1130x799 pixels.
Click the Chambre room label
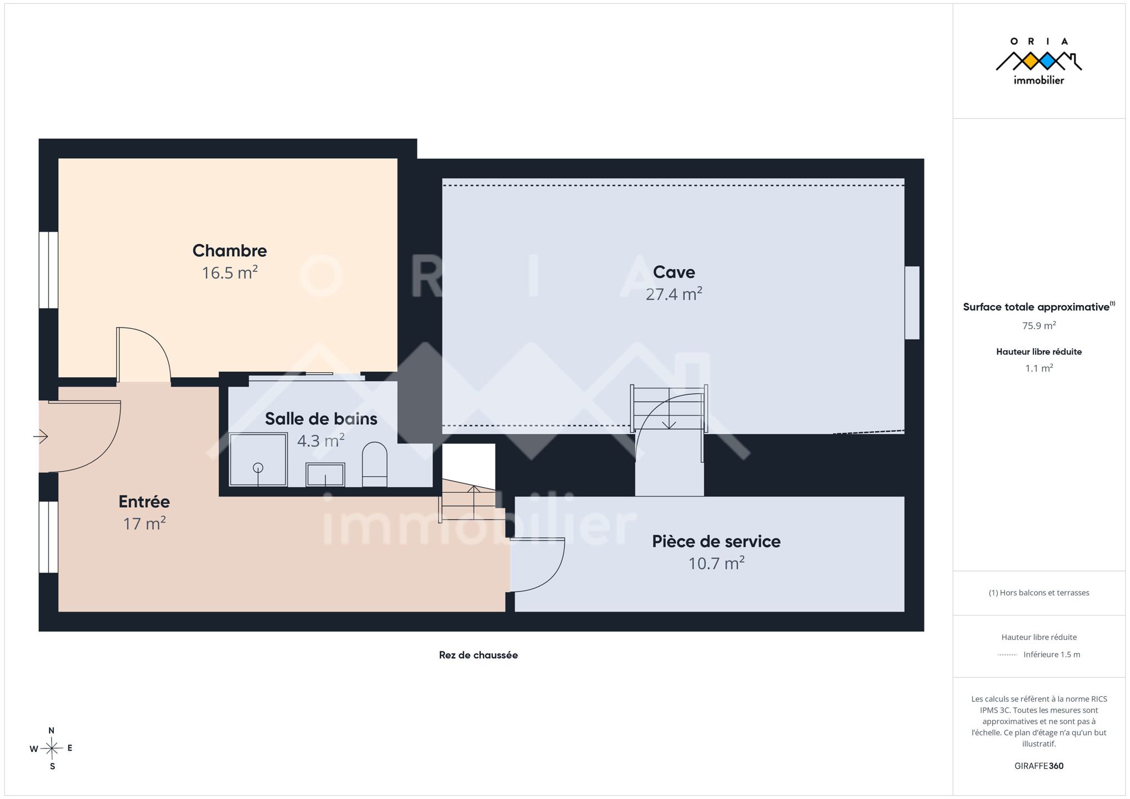tap(229, 251)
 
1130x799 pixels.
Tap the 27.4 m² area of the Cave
tap(674, 294)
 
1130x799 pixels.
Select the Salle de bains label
tap(321, 419)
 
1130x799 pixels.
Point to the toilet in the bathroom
tap(374, 464)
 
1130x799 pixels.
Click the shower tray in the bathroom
tap(258, 460)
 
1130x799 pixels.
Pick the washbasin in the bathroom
tap(325, 474)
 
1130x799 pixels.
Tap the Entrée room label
tap(144, 502)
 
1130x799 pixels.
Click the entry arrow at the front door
tap(41, 437)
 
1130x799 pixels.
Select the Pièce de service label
tap(716, 542)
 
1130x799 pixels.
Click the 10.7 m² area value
tap(716, 564)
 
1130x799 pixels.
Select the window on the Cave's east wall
tap(912, 303)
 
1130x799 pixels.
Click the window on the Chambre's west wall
tap(48, 270)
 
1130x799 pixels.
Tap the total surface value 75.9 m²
tap(1039, 326)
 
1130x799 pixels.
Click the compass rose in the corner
tap(52, 749)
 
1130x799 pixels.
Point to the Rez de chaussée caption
tap(478, 655)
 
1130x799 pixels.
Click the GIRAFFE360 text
tap(1039, 766)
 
